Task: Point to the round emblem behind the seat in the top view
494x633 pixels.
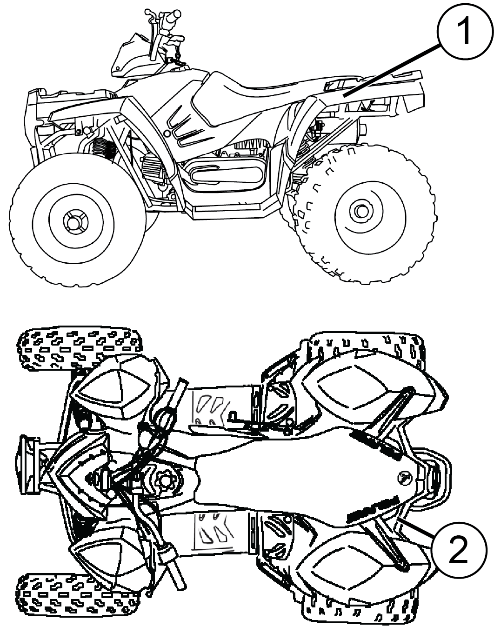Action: click(404, 478)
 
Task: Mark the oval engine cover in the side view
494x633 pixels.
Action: click(226, 174)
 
